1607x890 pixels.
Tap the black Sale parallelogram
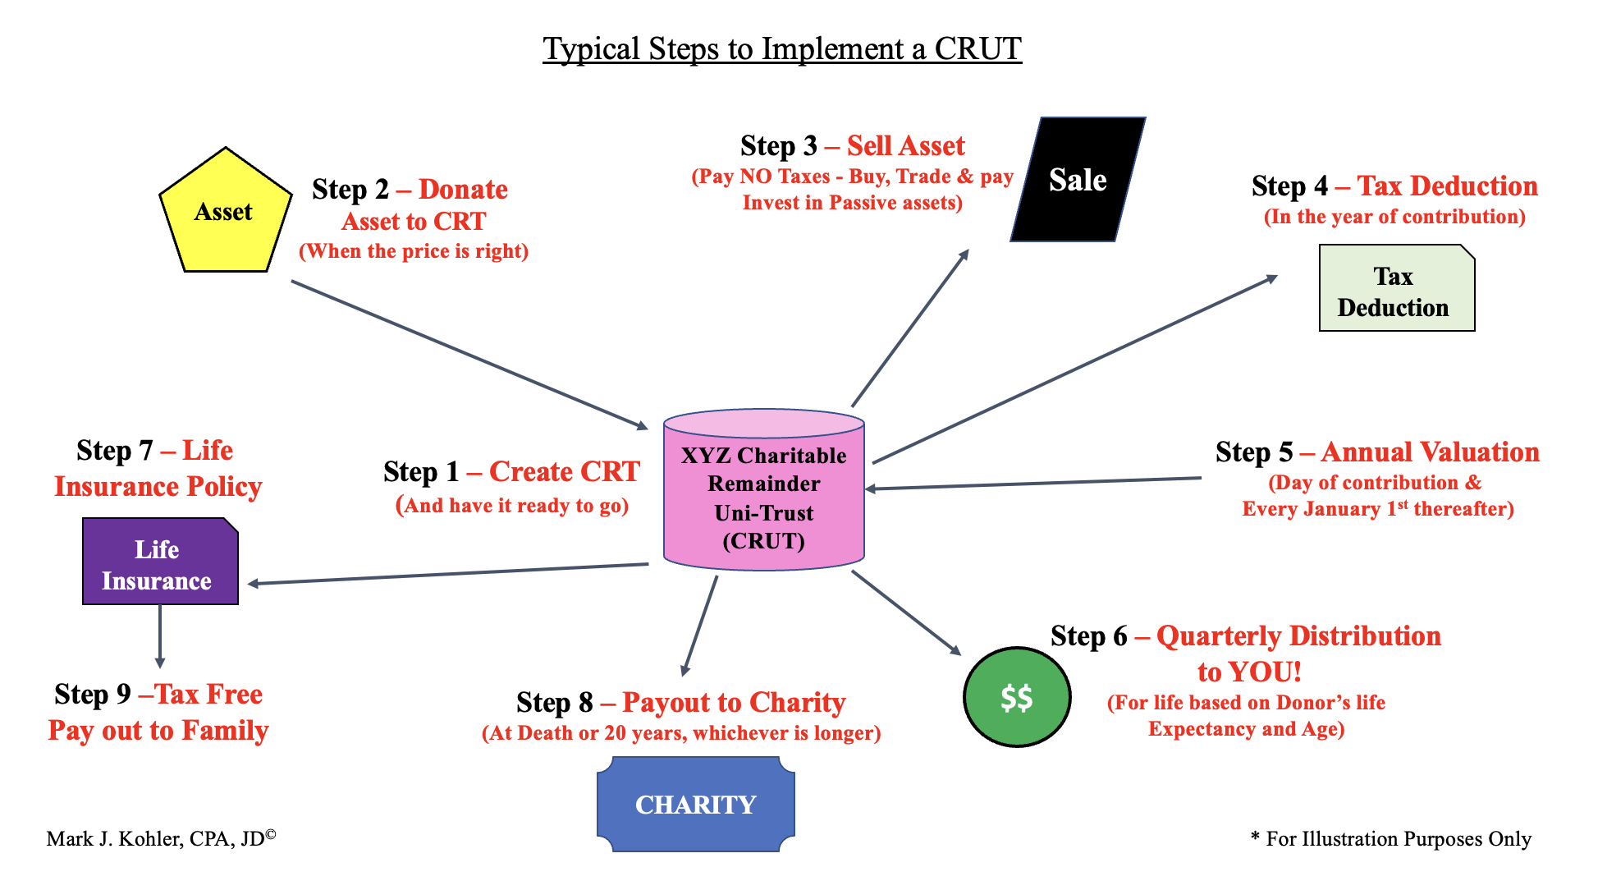tap(1078, 180)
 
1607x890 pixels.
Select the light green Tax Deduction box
tap(1395, 290)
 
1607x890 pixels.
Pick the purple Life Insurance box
tap(159, 563)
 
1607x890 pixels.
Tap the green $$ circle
tap(1016, 697)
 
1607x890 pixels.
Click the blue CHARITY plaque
tap(695, 805)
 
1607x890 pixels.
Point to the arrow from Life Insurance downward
tap(160, 636)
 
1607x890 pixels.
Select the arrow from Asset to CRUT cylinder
tap(468, 354)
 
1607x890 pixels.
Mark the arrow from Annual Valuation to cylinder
tap(1034, 484)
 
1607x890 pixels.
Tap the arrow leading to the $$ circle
tap(906, 612)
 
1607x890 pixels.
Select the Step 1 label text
tap(510, 472)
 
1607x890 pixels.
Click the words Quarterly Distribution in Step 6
tap(1298, 636)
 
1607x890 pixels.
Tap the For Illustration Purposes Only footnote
tap(1390, 839)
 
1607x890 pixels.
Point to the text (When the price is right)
tap(413, 251)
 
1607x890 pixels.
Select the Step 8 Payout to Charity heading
tap(680, 703)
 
